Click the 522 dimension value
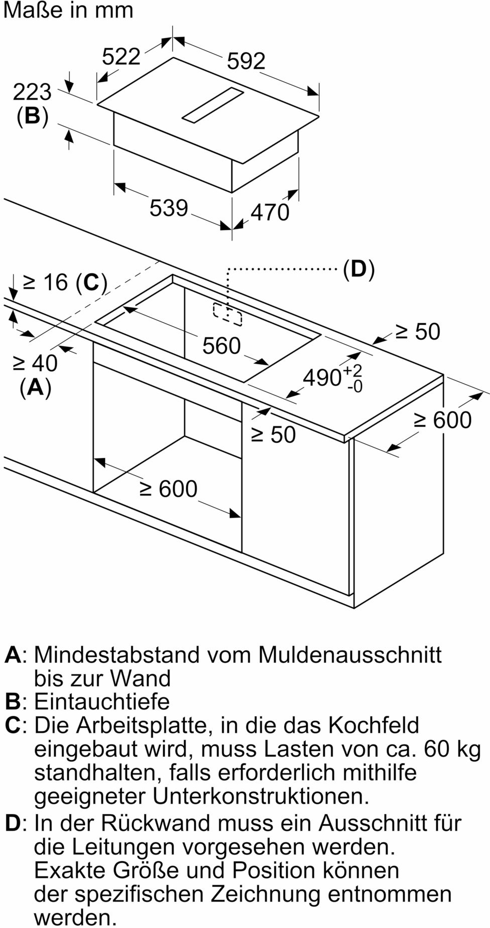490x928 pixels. click(x=121, y=56)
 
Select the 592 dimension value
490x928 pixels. click(x=246, y=61)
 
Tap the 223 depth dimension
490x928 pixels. click(x=32, y=92)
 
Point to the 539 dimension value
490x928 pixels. click(x=168, y=208)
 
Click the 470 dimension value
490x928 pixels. click(x=270, y=212)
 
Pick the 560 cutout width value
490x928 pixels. click(x=221, y=346)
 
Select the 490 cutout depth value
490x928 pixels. click(x=322, y=377)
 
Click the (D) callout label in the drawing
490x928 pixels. click(x=358, y=270)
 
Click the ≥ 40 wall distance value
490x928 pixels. click(x=35, y=363)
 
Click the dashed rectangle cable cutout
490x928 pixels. click(x=227, y=314)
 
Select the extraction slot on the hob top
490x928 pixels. click(x=213, y=105)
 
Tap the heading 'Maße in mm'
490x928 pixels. click(x=68, y=10)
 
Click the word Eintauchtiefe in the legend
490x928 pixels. click(x=102, y=701)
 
